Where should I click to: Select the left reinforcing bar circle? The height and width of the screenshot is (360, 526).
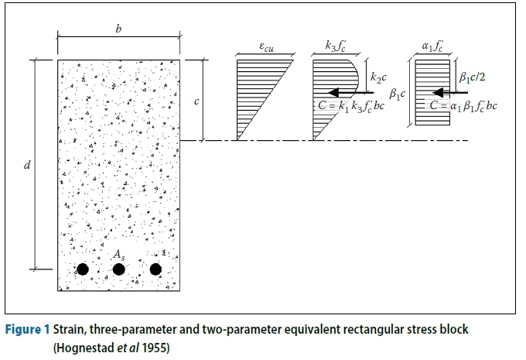[82, 269]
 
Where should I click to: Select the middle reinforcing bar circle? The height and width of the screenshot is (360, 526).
[119, 269]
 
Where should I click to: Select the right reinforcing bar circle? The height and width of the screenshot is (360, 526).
[155, 269]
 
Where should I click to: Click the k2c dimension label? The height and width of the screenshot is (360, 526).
[377, 77]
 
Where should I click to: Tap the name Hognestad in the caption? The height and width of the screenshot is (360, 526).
[81, 346]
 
